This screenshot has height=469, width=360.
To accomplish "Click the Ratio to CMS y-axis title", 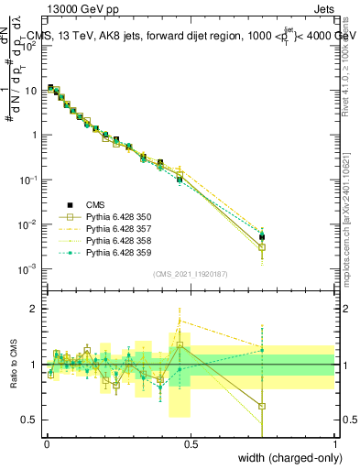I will click(12, 365).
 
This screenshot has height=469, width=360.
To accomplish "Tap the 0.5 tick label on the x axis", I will click(191, 443).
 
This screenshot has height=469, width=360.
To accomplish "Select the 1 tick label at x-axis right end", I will click(335, 443).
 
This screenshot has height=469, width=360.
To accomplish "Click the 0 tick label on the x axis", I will click(46, 443).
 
